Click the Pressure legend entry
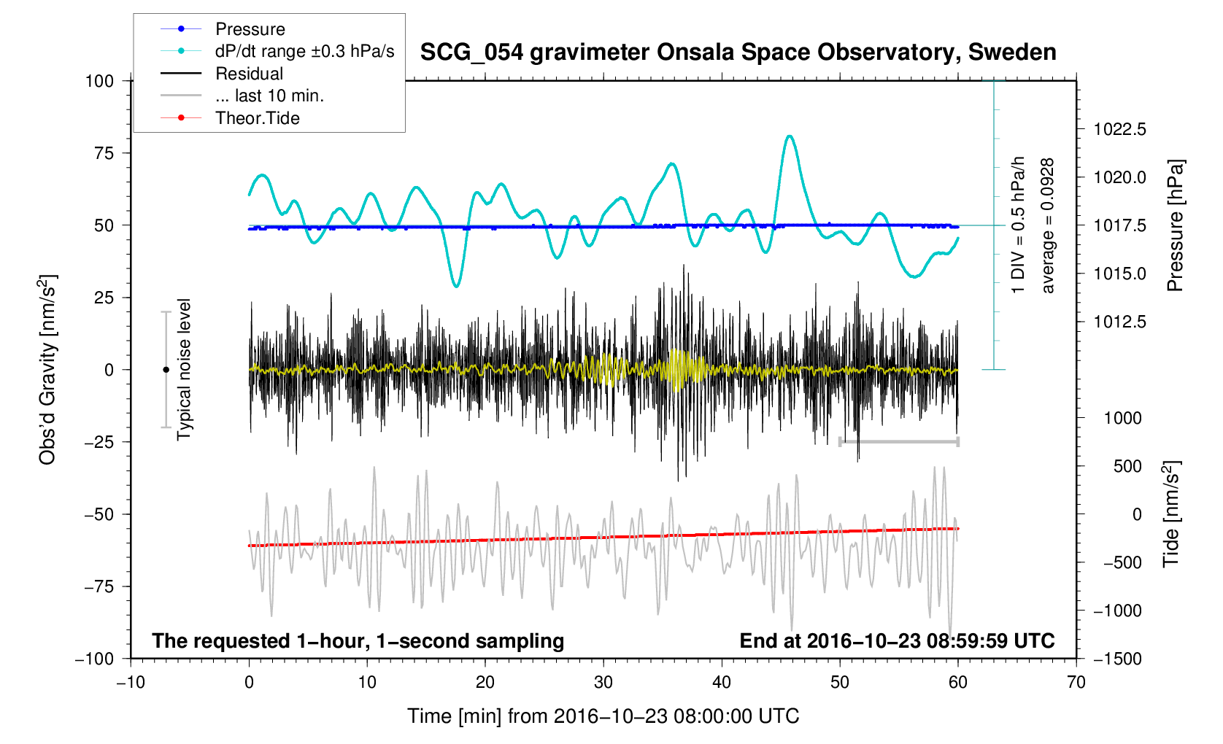(x=250, y=29)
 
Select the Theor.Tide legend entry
(x=257, y=118)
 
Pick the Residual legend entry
(x=249, y=74)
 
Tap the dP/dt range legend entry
(x=304, y=51)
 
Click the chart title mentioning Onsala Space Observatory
(x=738, y=53)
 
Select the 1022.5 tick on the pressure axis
(x=1119, y=130)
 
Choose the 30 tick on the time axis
(x=603, y=683)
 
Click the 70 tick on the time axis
(x=1076, y=683)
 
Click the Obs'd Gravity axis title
(x=48, y=370)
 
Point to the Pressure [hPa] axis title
(x=1174, y=225)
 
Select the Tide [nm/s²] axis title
(x=1171, y=514)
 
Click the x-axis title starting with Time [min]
(x=603, y=716)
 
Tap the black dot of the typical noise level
(x=166, y=370)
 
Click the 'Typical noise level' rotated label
(x=184, y=369)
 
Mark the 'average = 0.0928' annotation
(x=1048, y=225)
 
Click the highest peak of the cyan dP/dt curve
(x=789, y=136)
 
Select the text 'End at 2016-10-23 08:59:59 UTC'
(x=897, y=641)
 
